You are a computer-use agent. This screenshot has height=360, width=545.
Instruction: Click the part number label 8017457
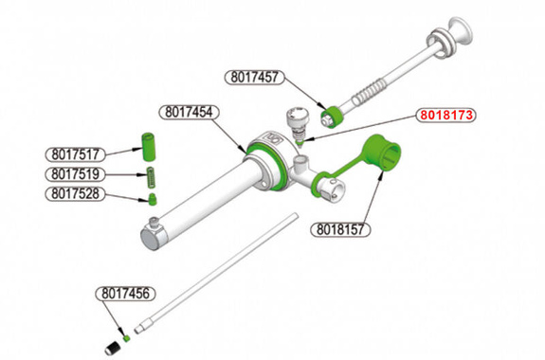pos(253,78)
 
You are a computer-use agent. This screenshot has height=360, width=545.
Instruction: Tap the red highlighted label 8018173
pos(447,116)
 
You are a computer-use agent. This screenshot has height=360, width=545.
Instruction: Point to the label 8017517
pos(75,153)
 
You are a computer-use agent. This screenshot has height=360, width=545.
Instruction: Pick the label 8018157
pos(338,229)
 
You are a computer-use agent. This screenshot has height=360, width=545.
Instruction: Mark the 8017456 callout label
pos(125,294)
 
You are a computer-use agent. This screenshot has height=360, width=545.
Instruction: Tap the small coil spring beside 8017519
pos(150,175)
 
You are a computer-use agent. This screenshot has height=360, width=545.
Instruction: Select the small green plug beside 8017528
pos(150,199)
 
